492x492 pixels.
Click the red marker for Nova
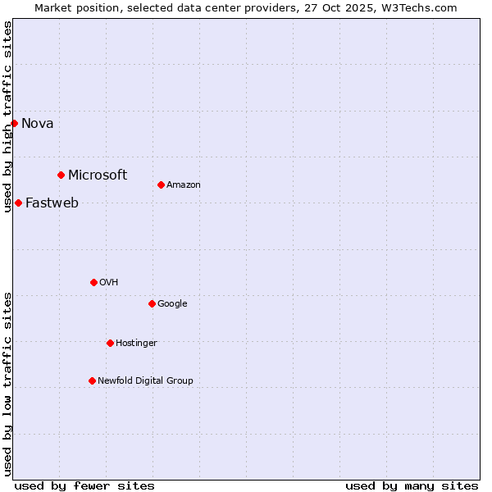[x=14, y=123]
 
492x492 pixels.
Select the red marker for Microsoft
[x=61, y=175]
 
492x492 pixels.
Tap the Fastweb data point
[x=18, y=203]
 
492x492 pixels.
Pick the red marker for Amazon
[x=161, y=184]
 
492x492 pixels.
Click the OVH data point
[x=93, y=282]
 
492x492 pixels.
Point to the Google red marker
[x=152, y=303]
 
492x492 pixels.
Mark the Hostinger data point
[x=110, y=343]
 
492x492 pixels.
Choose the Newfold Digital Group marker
[x=92, y=380]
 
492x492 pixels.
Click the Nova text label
[x=38, y=124]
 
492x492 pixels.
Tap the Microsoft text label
[x=98, y=175]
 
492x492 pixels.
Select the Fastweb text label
[x=52, y=203]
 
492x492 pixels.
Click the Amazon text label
[x=184, y=185]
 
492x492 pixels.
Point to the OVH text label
[x=109, y=283]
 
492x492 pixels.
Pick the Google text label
[x=172, y=304]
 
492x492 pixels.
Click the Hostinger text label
[x=136, y=344]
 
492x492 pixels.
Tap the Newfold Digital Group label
[x=145, y=381]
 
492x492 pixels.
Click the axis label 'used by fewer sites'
[x=84, y=485]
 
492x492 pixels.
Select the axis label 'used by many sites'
[x=412, y=485]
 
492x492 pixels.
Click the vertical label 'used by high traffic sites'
[x=7, y=116]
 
